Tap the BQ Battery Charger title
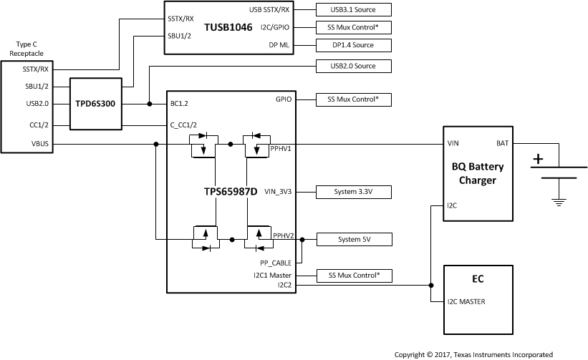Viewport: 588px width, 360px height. click(478, 173)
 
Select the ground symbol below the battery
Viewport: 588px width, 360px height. click(559, 201)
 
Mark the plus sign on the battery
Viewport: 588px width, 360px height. click(538, 159)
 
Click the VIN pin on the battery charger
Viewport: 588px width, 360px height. click(453, 144)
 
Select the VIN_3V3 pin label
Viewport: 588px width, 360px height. click(278, 192)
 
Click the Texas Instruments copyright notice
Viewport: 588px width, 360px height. click(473, 354)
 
